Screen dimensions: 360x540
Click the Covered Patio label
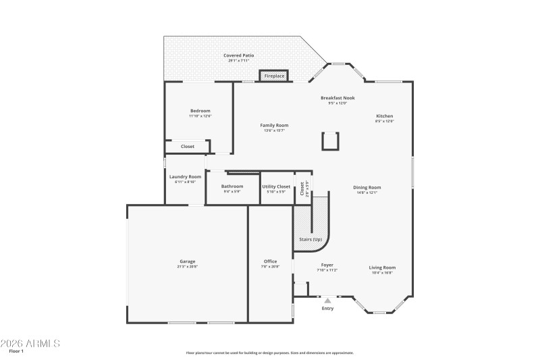pyautogui.click(x=239, y=55)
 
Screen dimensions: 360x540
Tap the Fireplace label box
pyautogui.click(x=274, y=76)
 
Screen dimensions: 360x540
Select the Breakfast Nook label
pyautogui.click(x=337, y=98)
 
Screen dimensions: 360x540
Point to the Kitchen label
pyautogui.click(x=385, y=116)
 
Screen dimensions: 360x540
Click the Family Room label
pyautogui.click(x=274, y=125)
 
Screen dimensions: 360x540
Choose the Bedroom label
pyautogui.click(x=200, y=111)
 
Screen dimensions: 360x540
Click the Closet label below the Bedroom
pyautogui.click(x=188, y=146)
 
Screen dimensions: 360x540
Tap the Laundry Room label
pyautogui.click(x=185, y=177)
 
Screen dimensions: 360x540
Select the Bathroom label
pyautogui.click(x=232, y=186)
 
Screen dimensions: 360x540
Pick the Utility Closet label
pyautogui.click(x=276, y=186)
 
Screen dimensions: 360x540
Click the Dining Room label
pyautogui.click(x=367, y=187)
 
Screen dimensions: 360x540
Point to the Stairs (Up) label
pyautogui.click(x=310, y=239)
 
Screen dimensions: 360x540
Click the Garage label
pyautogui.click(x=188, y=261)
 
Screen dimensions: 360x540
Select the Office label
pyautogui.click(x=270, y=261)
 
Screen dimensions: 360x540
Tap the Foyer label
pyautogui.click(x=327, y=265)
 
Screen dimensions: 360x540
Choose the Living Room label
pyautogui.click(x=383, y=267)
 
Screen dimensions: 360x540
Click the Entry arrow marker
pyautogui.click(x=328, y=300)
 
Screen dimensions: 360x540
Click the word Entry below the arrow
pyautogui.click(x=328, y=309)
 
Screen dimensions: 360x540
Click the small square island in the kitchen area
pyautogui.click(x=330, y=140)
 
